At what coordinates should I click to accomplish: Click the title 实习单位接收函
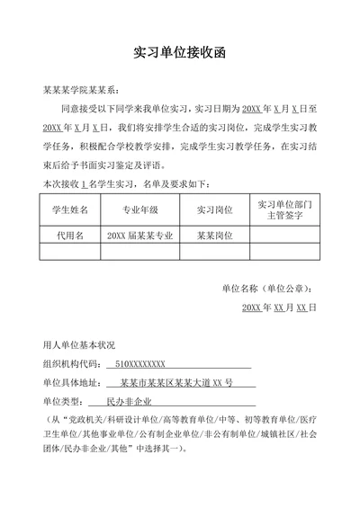pos(179,52)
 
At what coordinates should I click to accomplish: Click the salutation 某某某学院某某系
pos(80,91)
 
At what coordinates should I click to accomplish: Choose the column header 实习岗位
pos(214,209)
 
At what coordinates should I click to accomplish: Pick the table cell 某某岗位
pos(214,235)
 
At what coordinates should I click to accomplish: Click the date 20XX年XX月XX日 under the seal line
pos(280,307)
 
